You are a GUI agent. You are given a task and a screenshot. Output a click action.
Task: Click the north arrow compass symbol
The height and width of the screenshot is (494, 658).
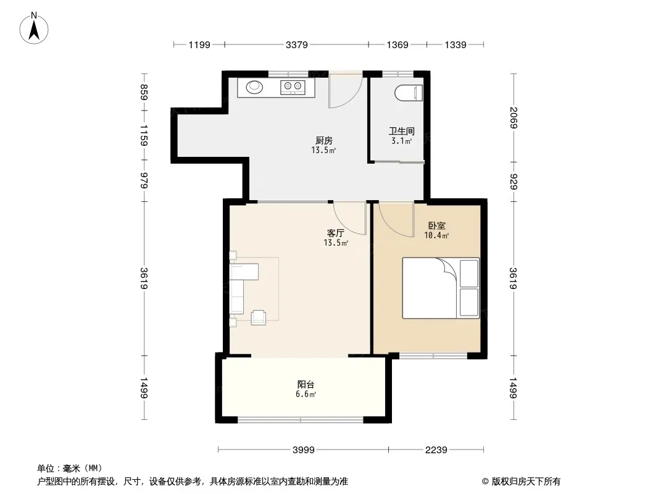(x=34, y=28)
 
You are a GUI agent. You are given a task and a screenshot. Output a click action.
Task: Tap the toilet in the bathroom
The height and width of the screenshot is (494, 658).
(x=409, y=93)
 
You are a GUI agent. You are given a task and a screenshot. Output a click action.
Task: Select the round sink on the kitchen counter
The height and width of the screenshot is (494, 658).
(x=254, y=87)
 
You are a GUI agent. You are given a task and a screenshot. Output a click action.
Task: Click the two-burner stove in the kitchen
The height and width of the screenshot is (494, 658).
(x=293, y=87)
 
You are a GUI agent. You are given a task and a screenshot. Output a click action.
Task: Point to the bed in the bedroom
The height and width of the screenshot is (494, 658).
(x=441, y=288)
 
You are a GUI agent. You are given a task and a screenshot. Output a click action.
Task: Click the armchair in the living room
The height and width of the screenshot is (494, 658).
(x=258, y=317)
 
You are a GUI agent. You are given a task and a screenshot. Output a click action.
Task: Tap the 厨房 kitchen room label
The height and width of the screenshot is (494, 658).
(x=324, y=141)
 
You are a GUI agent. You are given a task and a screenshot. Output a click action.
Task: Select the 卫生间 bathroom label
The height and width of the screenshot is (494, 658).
(x=402, y=132)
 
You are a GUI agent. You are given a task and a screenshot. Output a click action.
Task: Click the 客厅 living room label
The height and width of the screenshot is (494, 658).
(x=336, y=233)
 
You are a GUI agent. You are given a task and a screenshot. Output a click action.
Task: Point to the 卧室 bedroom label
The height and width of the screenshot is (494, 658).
(x=437, y=226)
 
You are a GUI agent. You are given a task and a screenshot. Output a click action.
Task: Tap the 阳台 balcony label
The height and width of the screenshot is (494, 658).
(x=306, y=385)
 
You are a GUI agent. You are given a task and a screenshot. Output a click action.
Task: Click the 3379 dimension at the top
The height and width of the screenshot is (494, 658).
(x=297, y=44)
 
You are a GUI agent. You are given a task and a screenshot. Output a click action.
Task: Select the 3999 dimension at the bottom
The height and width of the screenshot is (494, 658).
(x=304, y=450)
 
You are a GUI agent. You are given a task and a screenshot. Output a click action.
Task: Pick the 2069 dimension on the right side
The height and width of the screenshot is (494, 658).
(x=514, y=117)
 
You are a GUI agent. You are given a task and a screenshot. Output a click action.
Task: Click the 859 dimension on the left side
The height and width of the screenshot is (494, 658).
(x=144, y=93)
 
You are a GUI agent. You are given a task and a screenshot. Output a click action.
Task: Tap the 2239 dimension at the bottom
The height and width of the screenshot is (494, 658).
(x=436, y=450)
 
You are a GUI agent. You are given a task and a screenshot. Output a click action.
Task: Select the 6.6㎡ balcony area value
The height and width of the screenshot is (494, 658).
(x=306, y=394)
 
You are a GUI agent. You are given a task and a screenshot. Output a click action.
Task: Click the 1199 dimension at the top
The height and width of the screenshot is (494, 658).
(x=199, y=44)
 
